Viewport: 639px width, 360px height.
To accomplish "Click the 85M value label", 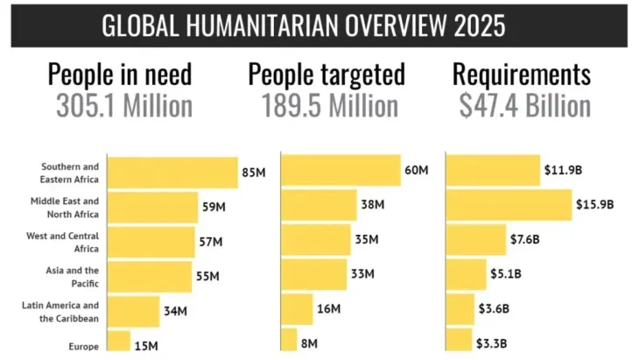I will click(253, 173).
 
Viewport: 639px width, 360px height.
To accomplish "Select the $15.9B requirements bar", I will click(509, 205).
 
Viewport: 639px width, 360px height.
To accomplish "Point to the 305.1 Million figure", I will click(123, 106).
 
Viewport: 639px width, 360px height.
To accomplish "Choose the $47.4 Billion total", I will click(524, 106).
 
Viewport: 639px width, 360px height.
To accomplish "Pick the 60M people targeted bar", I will click(341, 170).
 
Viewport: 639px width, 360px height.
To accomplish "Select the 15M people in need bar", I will click(118, 342).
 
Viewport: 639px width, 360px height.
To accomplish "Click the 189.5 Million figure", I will click(329, 106).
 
